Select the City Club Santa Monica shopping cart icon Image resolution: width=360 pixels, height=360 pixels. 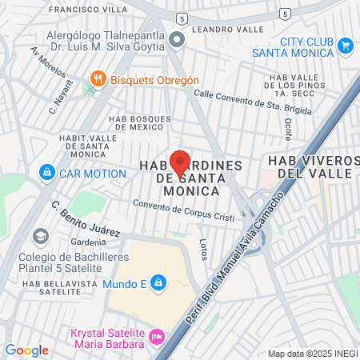(346, 46)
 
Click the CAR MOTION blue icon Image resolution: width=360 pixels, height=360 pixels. (47, 173)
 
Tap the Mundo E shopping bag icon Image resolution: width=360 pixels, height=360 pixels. (158, 282)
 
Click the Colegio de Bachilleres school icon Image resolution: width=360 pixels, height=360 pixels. (39, 236)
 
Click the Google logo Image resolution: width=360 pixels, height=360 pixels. (26, 350)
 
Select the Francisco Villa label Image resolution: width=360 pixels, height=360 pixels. (88, 10)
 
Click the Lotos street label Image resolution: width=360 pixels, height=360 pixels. (204, 250)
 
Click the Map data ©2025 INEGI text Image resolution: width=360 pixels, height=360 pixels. (312, 354)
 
